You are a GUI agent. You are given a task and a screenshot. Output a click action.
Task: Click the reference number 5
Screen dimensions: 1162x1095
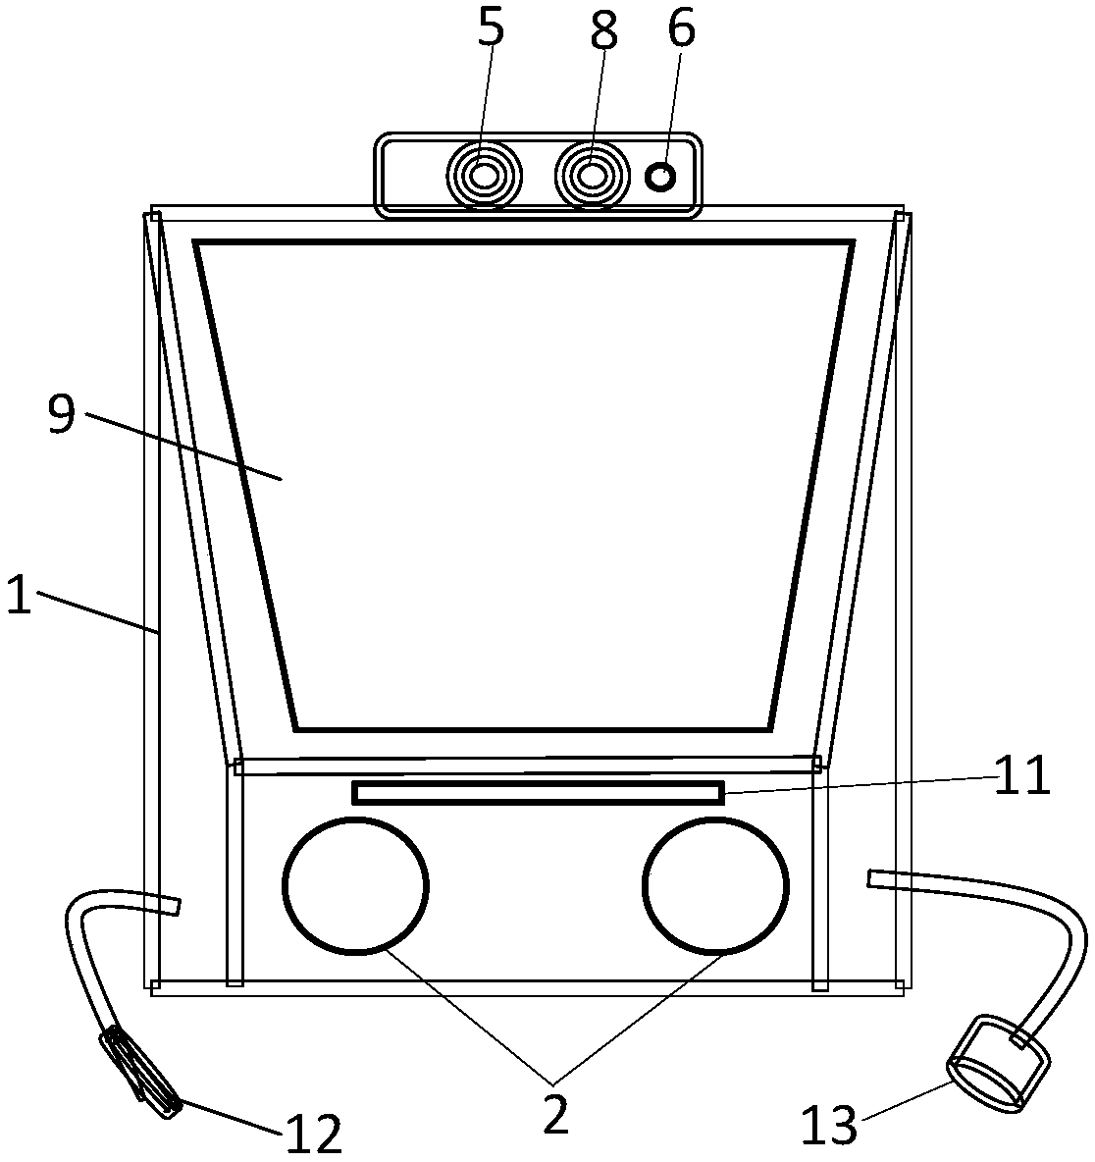click(491, 29)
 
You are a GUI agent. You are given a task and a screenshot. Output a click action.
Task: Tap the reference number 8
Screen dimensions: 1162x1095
click(603, 31)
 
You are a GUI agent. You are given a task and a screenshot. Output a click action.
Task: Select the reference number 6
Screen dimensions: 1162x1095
click(681, 29)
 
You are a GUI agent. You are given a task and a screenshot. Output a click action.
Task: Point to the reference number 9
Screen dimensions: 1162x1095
click(61, 415)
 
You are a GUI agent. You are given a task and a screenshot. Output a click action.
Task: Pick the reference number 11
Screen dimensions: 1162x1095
click(1020, 778)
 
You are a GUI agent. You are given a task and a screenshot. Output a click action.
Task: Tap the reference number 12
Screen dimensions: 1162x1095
click(314, 1136)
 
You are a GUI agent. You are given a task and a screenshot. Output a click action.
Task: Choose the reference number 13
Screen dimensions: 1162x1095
click(829, 1126)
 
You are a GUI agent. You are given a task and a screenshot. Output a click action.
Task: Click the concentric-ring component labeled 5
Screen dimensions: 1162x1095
click(484, 176)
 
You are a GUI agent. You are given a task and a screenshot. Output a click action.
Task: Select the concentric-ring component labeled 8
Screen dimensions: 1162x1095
click(592, 176)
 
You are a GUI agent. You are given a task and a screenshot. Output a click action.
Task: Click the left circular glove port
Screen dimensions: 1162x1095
click(355, 884)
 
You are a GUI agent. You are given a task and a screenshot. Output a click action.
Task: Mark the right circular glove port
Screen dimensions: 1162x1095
click(715, 884)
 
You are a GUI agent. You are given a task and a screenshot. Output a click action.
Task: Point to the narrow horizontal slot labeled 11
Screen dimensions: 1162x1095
click(538, 792)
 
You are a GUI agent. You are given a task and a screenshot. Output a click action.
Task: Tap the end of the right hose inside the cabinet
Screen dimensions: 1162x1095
click(874, 877)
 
